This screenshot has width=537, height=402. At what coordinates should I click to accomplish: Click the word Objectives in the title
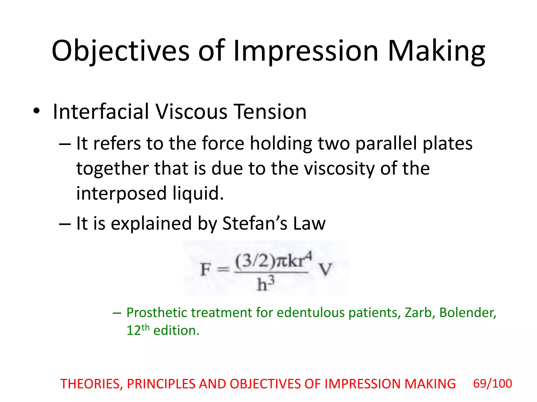click(x=120, y=51)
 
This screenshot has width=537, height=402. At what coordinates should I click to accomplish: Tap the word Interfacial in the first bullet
click(x=100, y=112)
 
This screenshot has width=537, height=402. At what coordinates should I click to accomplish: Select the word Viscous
click(x=191, y=112)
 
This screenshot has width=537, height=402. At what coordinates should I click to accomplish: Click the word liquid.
click(x=198, y=193)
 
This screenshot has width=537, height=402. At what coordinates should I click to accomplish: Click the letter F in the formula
click(x=205, y=270)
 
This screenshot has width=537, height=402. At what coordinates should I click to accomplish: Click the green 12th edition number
click(x=138, y=330)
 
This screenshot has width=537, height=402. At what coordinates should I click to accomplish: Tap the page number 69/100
click(x=492, y=384)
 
